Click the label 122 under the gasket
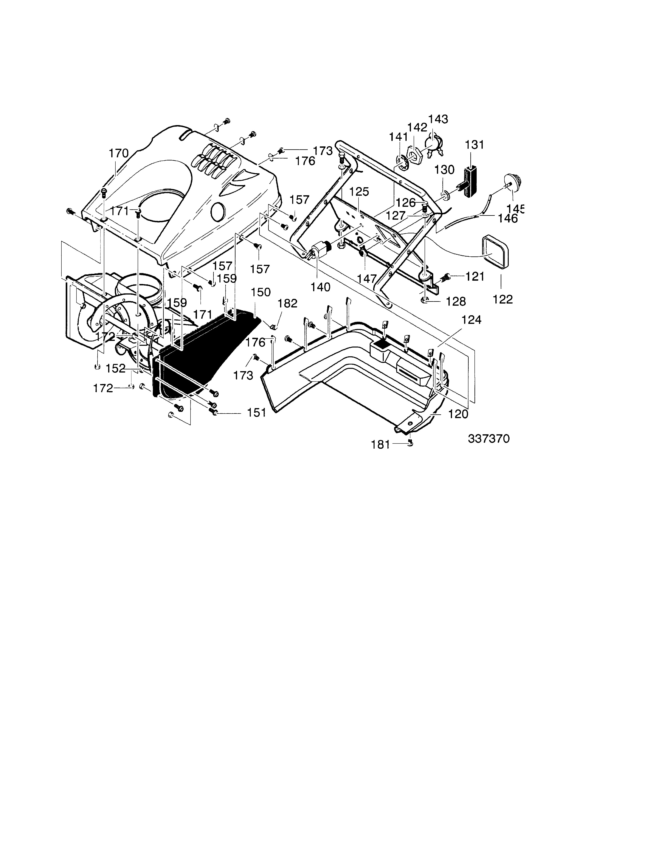tap(503, 299)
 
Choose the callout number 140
tap(320, 287)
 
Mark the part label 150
tap(261, 292)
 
